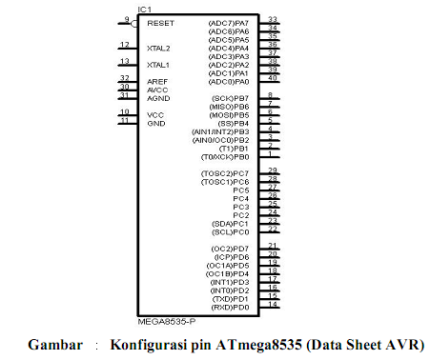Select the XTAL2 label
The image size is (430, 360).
(x=159, y=48)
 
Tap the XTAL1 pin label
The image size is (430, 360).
(x=159, y=65)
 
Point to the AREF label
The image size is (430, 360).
(x=157, y=82)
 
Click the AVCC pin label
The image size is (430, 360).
(x=157, y=90)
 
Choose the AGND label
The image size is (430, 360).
(x=158, y=98)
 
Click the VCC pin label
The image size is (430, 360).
(x=155, y=115)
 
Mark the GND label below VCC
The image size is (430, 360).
(x=155, y=124)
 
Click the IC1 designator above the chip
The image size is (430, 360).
(x=144, y=10)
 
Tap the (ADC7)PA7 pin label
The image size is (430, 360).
(x=228, y=22)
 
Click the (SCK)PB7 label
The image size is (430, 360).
(x=230, y=98)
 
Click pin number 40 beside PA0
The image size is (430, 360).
(x=273, y=78)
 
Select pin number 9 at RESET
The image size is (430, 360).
(x=126, y=18)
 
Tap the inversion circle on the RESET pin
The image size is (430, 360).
(x=135, y=23)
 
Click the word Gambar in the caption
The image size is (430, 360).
(x=54, y=343)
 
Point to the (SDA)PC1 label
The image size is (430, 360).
(x=231, y=224)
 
